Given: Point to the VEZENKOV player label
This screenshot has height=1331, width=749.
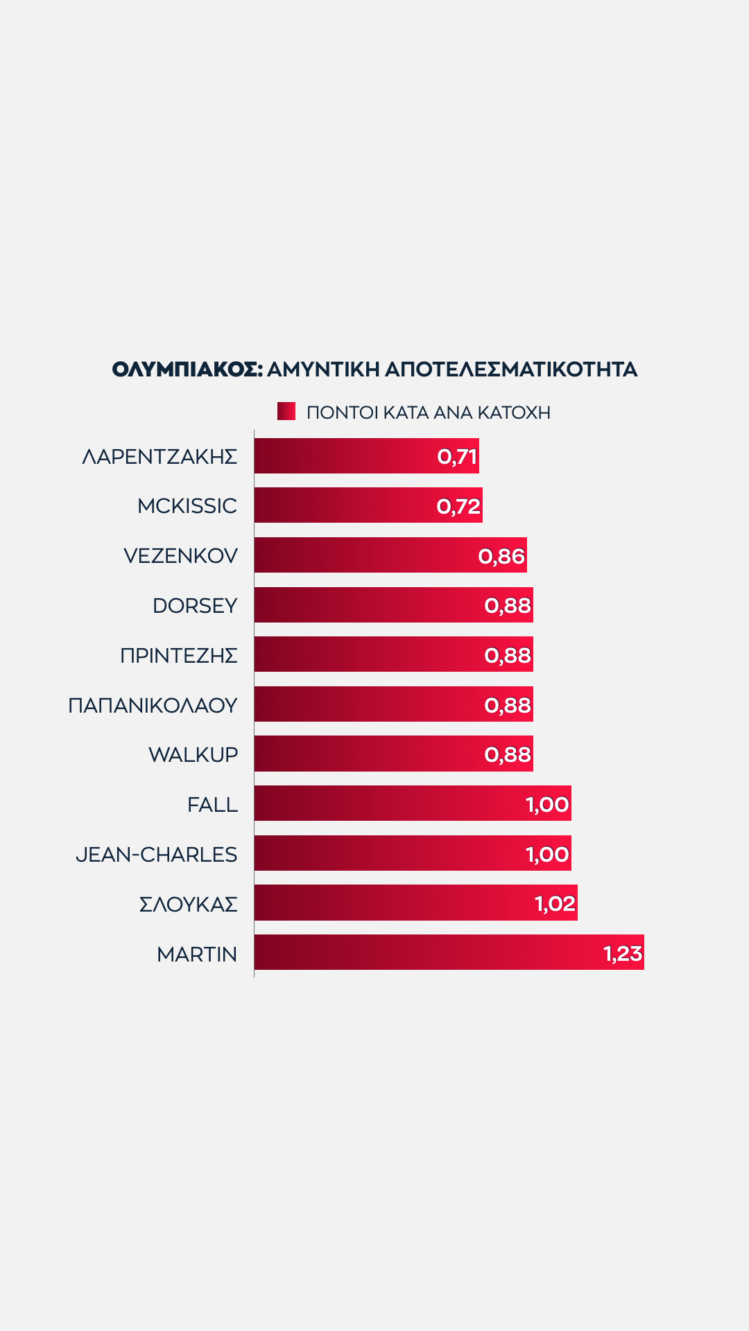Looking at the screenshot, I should (x=180, y=556).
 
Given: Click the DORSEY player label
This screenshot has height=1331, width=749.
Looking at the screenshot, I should (x=195, y=606).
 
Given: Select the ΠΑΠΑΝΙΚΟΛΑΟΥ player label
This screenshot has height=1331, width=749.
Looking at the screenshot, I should (x=153, y=705).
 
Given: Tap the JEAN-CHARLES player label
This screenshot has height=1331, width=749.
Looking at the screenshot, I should (x=157, y=854).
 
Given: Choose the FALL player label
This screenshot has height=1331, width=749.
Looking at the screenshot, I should (x=212, y=805).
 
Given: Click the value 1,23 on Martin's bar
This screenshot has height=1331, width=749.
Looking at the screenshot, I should (x=623, y=954).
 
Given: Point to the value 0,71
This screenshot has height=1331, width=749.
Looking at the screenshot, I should (x=457, y=457).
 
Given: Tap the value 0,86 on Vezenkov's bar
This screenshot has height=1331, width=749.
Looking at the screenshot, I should (x=501, y=556).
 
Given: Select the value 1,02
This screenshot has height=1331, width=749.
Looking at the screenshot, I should (x=555, y=904).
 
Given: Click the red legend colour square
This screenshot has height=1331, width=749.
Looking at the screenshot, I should (x=286, y=411).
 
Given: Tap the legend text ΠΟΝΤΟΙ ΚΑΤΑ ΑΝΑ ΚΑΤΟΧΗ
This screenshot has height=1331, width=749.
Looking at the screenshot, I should (x=429, y=412).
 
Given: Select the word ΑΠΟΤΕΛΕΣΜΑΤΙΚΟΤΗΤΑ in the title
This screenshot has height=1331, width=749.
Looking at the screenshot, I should (x=510, y=369).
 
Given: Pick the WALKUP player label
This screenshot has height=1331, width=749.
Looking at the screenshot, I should (x=193, y=755).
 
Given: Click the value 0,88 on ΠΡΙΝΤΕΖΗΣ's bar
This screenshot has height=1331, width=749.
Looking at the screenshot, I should (x=508, y=655).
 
